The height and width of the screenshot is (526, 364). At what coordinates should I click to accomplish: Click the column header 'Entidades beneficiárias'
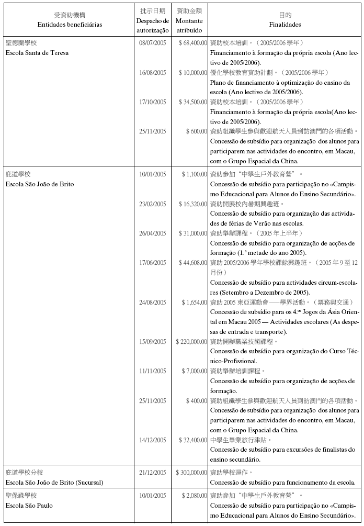[x=70, y=25]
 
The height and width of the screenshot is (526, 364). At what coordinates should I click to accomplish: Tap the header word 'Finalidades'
[x=285, y=25]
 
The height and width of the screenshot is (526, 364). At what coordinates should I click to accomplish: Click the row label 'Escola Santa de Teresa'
[x=37, y=53]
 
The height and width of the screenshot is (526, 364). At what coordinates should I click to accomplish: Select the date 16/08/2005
[x=152, y=72]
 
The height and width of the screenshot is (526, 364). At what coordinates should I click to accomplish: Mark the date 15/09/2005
[x=152, y=341]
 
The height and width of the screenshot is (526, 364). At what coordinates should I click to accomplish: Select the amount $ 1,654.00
[x=194, y=302]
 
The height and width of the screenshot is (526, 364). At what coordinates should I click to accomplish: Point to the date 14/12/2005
[x=152, y=440]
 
